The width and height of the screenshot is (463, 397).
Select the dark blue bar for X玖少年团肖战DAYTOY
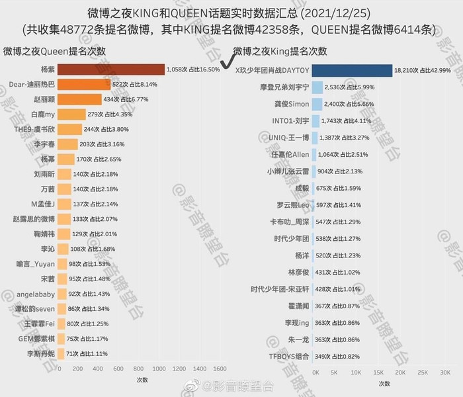[x=351, y=69]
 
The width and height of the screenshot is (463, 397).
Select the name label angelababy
[x=35, y=293]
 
